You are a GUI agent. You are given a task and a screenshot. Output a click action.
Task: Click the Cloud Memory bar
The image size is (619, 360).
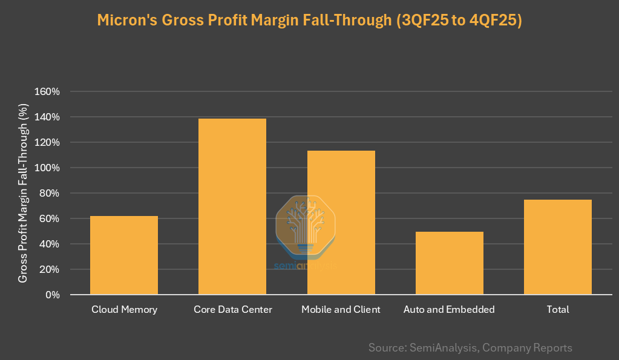(x=124, y=255)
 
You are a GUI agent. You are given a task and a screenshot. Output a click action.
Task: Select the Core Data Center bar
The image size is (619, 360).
(x=232, y=206)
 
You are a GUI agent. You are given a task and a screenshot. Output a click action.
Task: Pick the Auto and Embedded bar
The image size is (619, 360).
(x=449, y=263)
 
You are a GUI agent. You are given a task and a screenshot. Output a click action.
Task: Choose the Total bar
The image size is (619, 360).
(x=557, y=247)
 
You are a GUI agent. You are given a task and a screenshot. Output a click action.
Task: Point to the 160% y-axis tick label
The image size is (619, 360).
(x=48, y=92)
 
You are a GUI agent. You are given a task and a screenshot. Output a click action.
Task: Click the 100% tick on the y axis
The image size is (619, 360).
(x=48, y=168)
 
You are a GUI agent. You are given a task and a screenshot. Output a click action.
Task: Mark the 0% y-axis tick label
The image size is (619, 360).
(x=52, y=295)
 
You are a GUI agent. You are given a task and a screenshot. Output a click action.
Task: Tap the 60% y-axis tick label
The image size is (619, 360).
(x=50, y=219)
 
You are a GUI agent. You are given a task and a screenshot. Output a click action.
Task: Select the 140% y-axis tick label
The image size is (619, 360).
(x=48, y=117)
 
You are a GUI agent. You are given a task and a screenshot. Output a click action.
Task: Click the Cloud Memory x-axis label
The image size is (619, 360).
(x=124, y=310)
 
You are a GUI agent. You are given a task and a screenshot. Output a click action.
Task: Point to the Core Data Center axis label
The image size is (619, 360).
(x=233, y=310)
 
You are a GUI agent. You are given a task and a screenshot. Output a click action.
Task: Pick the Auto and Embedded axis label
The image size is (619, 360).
(x=449, y=310)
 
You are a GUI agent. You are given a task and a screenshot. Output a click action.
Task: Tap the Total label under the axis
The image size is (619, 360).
(x=558, y=310)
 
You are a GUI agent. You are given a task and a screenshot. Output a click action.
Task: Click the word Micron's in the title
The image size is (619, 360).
(x=126, y=21)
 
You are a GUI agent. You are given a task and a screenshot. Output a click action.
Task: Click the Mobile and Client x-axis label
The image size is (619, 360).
(x=341, y=310)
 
